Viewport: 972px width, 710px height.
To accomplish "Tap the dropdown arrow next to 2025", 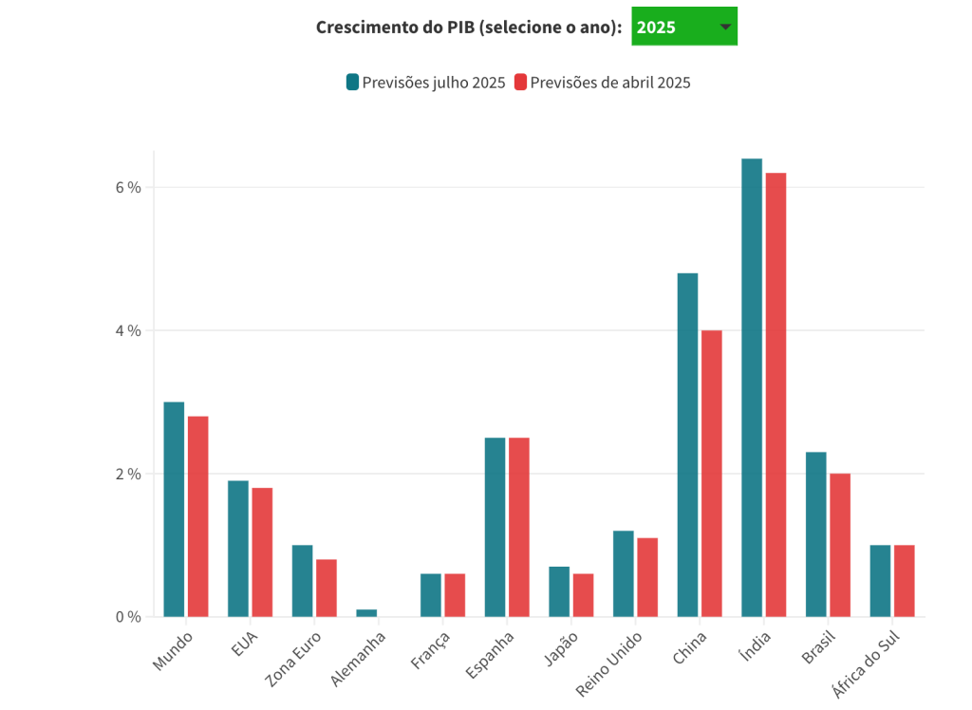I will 725,27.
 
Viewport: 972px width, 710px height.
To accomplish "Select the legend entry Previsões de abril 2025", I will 603,83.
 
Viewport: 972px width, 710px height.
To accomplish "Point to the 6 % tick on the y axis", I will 128,187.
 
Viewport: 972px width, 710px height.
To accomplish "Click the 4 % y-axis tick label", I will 128,330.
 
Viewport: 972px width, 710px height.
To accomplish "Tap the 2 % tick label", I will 128,474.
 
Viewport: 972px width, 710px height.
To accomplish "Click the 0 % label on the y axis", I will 128,617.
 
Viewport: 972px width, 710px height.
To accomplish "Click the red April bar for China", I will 712,474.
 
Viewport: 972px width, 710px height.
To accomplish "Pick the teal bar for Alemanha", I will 366,613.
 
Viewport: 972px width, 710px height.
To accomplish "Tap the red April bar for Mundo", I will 197,516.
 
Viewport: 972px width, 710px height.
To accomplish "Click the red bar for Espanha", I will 519,527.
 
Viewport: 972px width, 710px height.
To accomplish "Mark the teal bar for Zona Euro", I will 302,581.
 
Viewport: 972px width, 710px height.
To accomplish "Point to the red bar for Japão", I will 583,595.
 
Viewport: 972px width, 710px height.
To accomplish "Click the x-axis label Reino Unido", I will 610,663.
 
